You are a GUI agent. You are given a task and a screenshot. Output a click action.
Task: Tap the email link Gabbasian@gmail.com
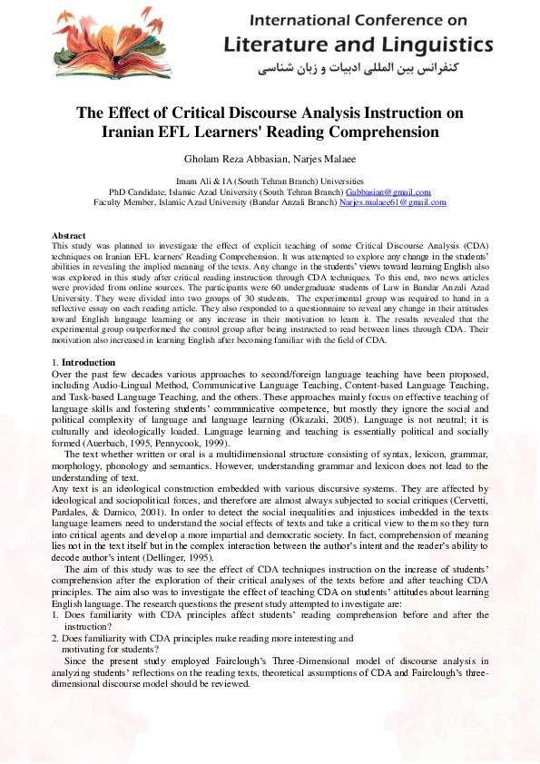tap(388, 192)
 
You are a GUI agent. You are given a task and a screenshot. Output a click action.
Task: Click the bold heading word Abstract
tap(69, 235)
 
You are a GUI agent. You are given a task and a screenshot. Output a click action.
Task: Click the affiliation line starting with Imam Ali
tap(270, 181)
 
